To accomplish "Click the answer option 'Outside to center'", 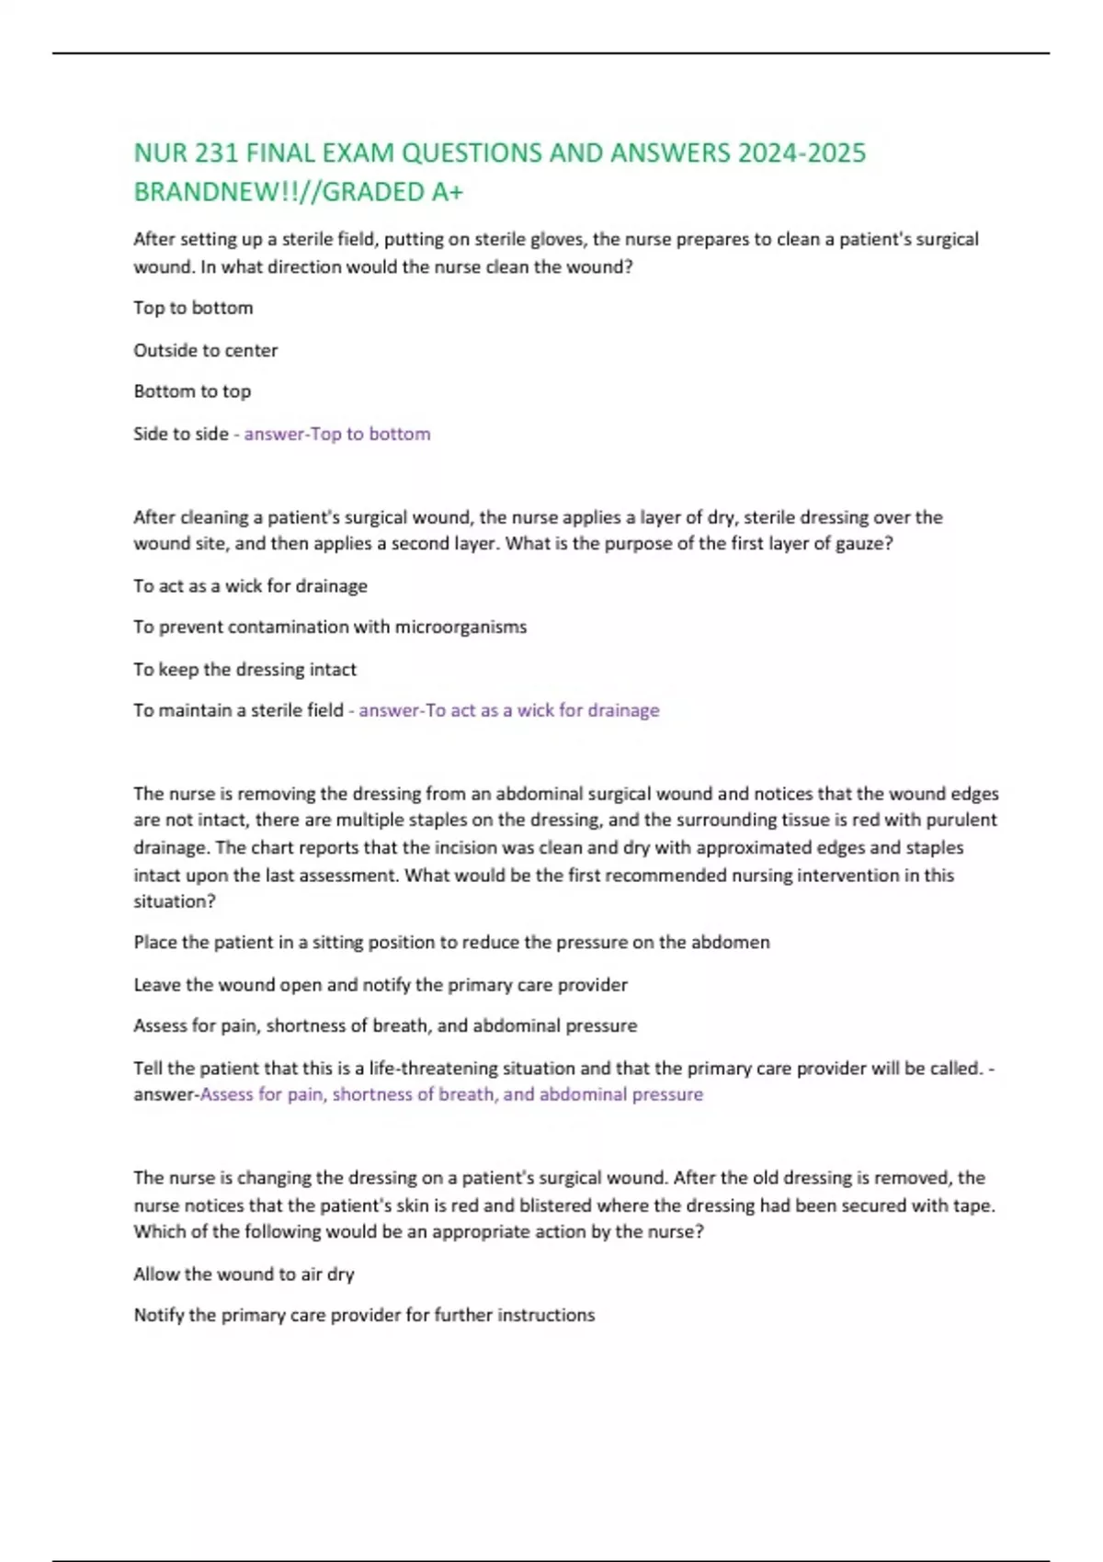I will coord(205,350).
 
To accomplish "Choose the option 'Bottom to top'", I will coord(192,391).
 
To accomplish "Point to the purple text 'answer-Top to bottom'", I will coord(336,434).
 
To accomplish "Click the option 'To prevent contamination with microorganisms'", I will coord(330,627).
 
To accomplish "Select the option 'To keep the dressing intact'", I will coord(244,669).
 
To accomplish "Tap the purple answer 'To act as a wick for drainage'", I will coord(508,710).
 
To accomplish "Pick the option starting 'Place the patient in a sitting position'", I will coord(451,942).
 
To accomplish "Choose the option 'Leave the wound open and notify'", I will coord(381,985).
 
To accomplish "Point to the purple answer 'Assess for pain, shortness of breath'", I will coord(451,1094).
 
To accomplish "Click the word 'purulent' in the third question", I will coord(961,820).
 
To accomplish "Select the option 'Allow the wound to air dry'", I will coord(244,1274).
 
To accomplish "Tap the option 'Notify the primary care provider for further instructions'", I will coord(364,1315).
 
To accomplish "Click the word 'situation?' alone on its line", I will coord(175,901).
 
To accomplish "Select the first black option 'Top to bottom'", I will coord(193,308).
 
